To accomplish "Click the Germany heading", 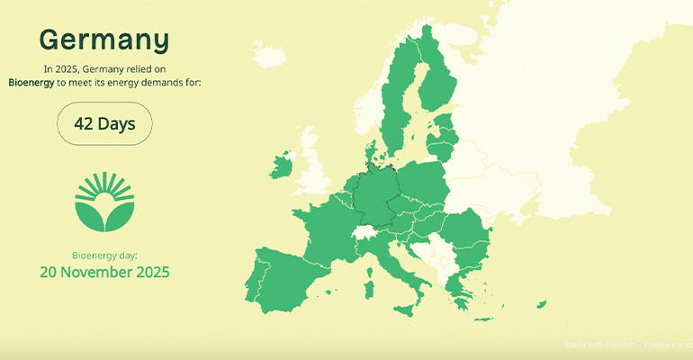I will [x=104, y=40].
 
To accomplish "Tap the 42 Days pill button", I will [x=104, y=123].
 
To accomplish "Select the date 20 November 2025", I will [x=104, y=271].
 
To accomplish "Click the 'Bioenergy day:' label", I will [x=104, y=255].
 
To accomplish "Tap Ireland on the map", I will [x=282, y=166].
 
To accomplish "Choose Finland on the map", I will [x=438, y=81].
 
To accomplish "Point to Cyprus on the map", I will [x=540, y=304].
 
